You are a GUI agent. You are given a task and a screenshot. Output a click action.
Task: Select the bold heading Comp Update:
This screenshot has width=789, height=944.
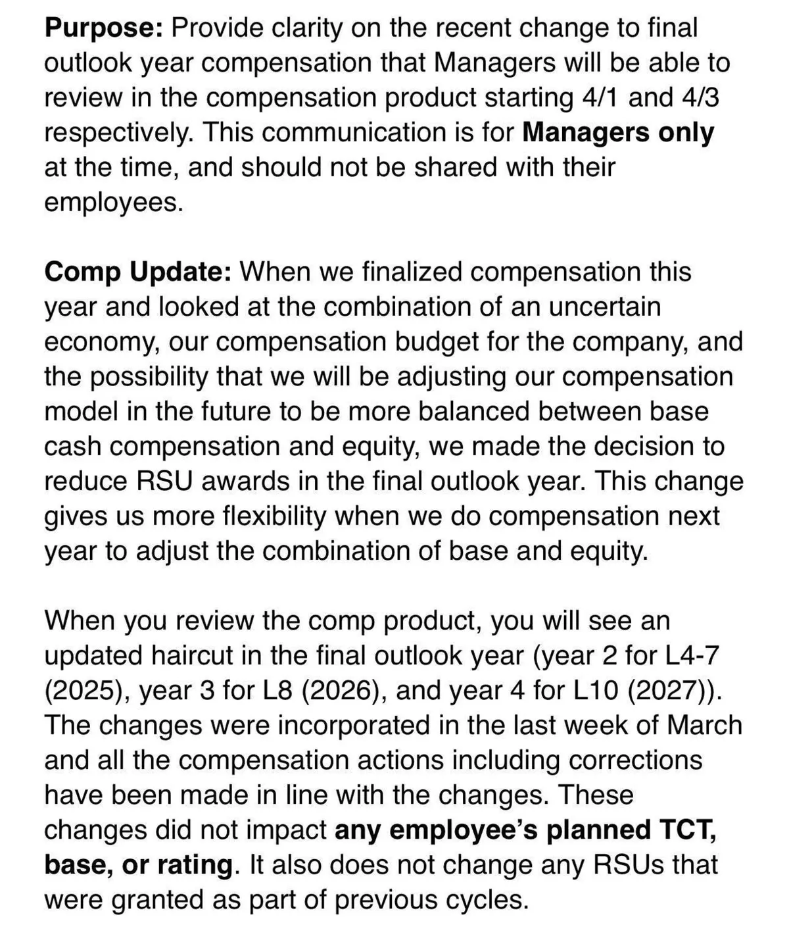pos(137,271)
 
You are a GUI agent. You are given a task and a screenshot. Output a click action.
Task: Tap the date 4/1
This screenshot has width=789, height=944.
pos(602,97)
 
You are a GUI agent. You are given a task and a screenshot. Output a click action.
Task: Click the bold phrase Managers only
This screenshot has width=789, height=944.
pos(618,132)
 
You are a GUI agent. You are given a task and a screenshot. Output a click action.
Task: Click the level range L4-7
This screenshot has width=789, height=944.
pos(684,655)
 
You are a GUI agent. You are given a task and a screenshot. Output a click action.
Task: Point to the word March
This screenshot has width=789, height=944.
pos(704,725)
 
